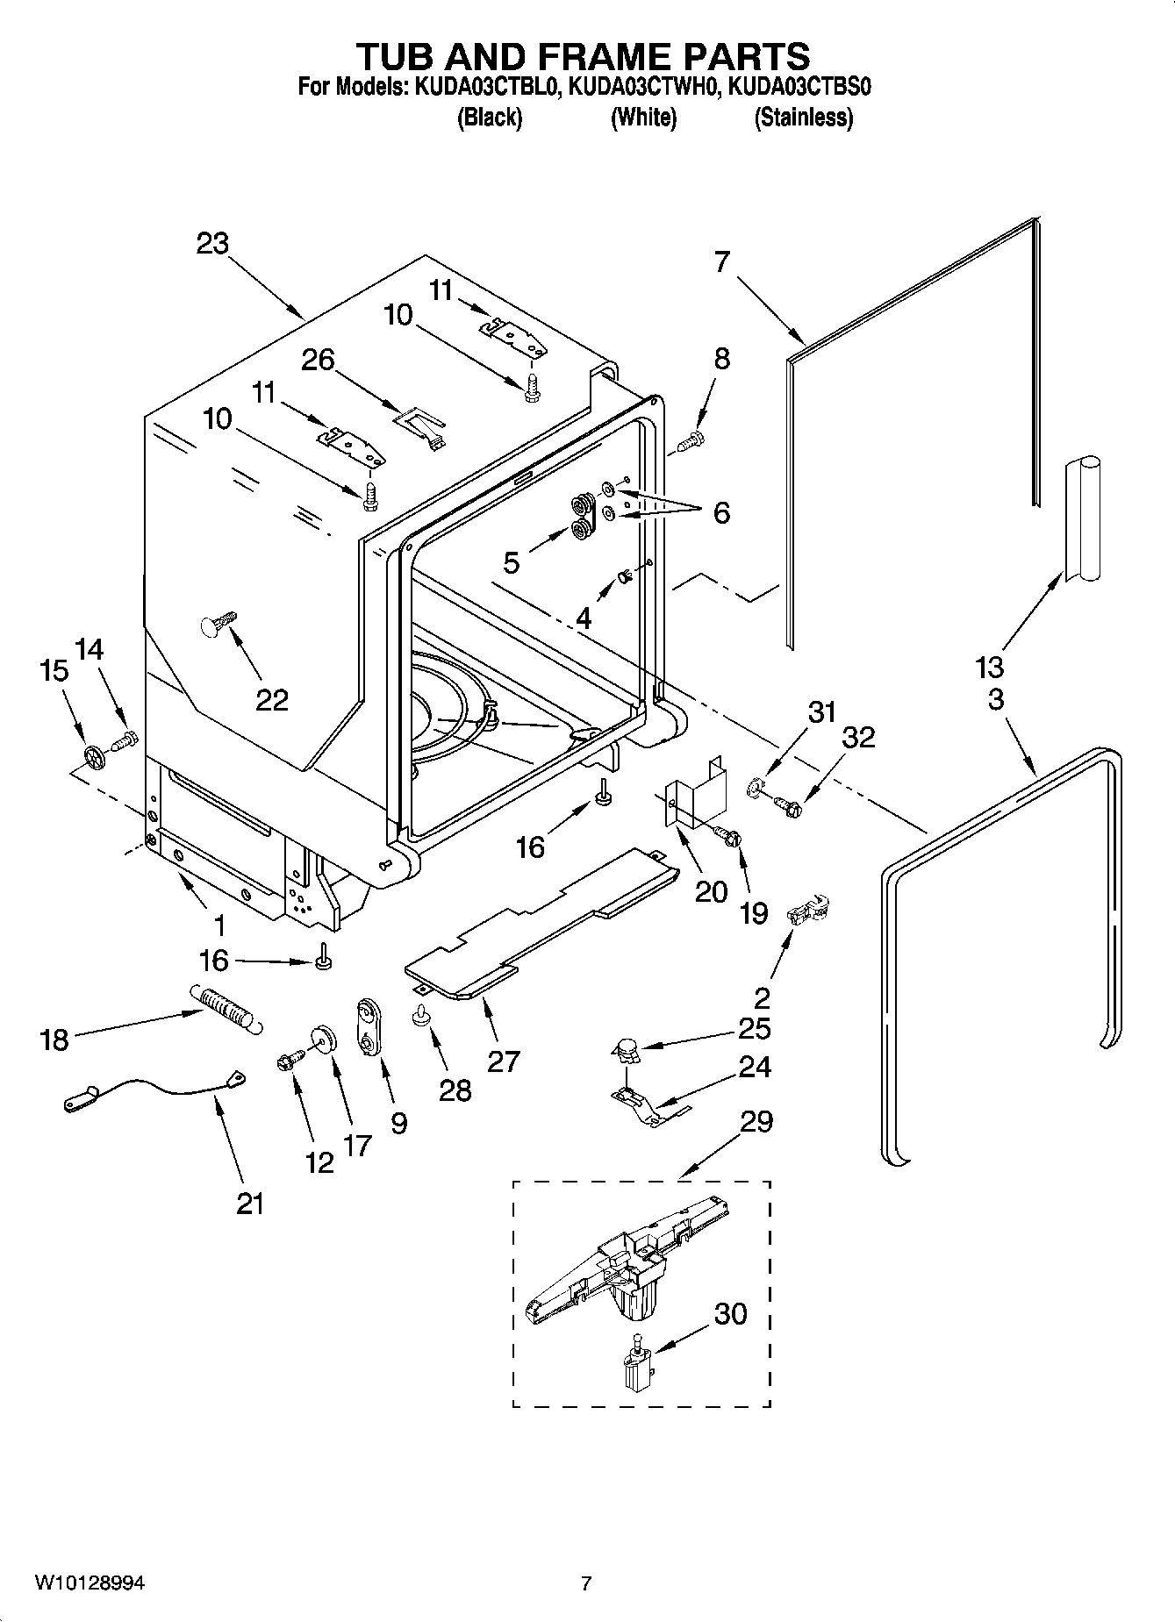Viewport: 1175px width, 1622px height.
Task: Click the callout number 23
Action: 212,243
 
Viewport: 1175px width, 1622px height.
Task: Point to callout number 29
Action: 756,1121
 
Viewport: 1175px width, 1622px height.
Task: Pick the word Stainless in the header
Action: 803,118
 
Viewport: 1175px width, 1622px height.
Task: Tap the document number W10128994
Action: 90,1583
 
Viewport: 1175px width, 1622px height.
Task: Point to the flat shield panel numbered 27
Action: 544,921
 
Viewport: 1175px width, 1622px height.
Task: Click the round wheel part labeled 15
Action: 94,755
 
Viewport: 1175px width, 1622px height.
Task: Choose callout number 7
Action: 721,261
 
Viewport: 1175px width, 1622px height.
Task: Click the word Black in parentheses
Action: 490,118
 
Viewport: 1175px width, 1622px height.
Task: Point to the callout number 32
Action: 858,738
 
